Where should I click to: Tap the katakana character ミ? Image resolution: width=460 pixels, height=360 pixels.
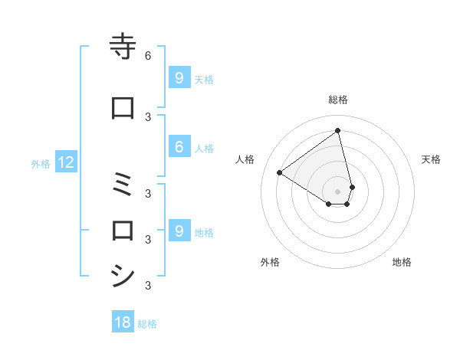pos(123,185)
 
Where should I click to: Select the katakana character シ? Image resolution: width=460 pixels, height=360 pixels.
pos(123,274)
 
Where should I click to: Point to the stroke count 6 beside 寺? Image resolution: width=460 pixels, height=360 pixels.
pos(148,56)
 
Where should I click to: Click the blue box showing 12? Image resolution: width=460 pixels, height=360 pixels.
pos(65,162)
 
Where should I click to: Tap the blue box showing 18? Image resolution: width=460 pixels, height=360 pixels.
pos(123,322)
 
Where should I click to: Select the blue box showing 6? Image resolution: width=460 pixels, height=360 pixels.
pos(179,148)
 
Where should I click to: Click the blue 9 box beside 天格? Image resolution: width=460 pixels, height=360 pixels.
pos(179,77)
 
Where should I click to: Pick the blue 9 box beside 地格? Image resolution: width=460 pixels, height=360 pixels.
pos(179,231)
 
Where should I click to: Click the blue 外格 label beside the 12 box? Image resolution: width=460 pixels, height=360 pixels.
pos(40,163)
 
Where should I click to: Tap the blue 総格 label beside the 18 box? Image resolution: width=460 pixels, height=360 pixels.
pos(147,323)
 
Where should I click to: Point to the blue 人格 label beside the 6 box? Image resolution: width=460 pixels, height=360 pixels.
pos(204,149)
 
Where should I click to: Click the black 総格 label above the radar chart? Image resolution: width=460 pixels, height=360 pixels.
pos(338,100)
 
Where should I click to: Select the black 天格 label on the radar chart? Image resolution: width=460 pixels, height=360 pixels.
pos(432,159)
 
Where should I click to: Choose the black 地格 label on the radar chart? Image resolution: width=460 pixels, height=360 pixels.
pos(402,262)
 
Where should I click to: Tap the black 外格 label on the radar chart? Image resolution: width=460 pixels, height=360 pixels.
pos(270,262)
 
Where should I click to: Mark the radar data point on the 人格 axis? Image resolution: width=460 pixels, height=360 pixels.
pos(280,172)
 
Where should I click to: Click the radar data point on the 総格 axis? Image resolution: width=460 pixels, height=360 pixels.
pos(338,130)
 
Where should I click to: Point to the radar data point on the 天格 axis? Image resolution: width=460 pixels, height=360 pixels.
pos(352,187)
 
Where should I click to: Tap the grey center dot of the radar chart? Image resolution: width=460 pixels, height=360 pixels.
pos(338,191)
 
